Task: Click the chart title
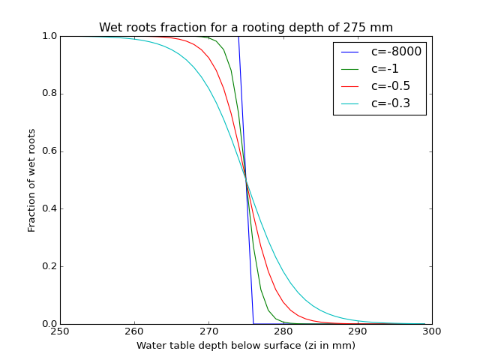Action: (x=246, y=28)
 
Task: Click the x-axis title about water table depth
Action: (x=246, y=346)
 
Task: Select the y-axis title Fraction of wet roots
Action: (x=32, y=180)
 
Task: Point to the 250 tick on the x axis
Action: (x=60, y=332)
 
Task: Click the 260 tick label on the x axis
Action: (x=134, y=332)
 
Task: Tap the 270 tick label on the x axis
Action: (x=208, y=332)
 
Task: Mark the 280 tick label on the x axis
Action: (x=283, y=332)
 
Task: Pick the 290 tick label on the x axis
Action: (x=358, y=332)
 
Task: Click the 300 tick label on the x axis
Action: (x=432, y=332)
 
